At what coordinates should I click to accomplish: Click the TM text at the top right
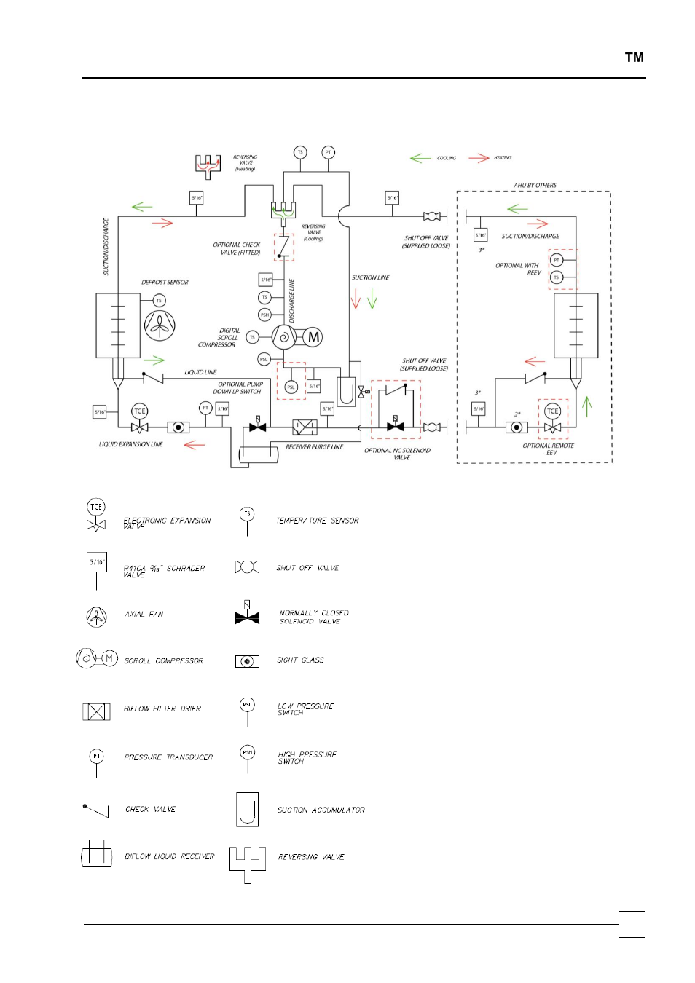(x=634, y=58)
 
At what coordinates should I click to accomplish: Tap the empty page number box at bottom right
(x=632, y=924)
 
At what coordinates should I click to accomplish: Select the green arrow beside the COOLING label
(x=420, y=158)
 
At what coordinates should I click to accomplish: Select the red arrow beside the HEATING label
(x=479, y=158)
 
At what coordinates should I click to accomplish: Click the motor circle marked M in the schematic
(x=313, y=337)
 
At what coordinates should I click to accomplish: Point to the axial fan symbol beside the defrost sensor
(x=160, y=325)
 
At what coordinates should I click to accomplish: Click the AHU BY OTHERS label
(x=535, y=186)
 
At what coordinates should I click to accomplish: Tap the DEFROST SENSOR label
(x=165, y=283)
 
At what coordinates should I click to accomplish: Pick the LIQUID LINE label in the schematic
(x=200, y=372)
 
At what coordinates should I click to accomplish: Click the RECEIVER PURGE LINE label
(x=314, y=447)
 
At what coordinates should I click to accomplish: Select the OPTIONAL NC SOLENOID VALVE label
(x=398, y=454)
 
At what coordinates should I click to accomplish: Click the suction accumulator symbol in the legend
(x=247, y=810)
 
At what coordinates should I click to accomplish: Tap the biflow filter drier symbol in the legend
(x=96, y=711)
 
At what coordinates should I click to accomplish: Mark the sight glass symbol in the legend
(x=247, y=661)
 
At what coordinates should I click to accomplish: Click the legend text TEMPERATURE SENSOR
(x=318, y=521)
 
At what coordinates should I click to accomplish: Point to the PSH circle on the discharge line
(x=264, y=315)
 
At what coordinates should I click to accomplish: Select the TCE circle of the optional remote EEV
(x=553, y=411)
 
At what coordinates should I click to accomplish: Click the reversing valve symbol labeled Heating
(x=208, y=165)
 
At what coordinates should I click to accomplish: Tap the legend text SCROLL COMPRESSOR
(x=164, y=661)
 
